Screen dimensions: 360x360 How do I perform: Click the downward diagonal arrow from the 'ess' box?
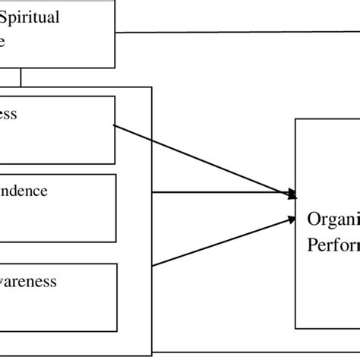[x=205, y=159]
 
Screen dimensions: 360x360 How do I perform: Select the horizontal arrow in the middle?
[x=220, y=193]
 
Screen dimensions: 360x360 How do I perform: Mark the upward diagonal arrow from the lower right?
[x=220, y=242]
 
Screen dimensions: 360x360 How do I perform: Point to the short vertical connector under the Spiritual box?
[x=21, y=77]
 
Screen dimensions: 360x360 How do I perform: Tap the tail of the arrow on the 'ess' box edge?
[x=115, y=126]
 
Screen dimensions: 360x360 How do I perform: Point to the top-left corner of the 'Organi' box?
[x=295, y=119]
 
